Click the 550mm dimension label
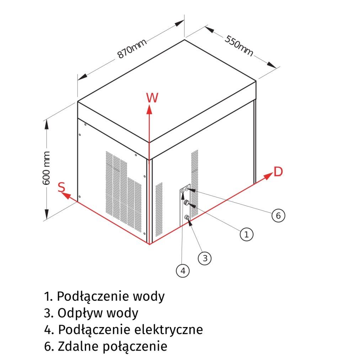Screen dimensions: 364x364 click(x=239, y=45)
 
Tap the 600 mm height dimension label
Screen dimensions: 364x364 click(x=46, y=167)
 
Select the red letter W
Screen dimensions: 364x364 click(x=152, y=98)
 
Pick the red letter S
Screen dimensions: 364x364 click(x=61, y=187)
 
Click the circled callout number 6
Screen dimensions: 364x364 click(x=278, y=215)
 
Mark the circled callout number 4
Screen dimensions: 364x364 click(x=183, y=271)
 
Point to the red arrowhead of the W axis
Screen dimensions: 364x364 click(x=150, y=109)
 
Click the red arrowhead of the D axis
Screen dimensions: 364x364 click(x=267, y=176)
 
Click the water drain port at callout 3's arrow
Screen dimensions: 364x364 click(x=187, y=217)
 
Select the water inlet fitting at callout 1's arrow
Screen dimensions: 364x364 click(x=186, y=203)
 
